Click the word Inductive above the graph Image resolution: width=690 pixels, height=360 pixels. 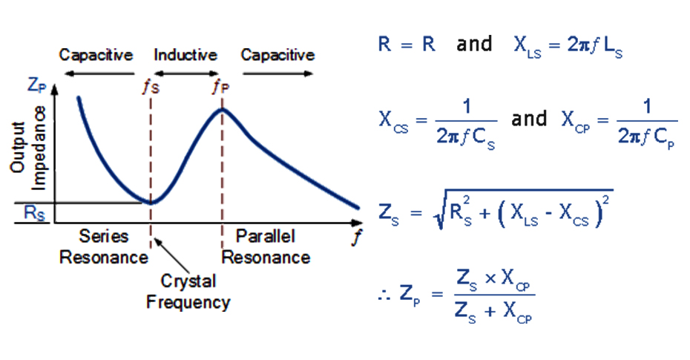tap(185, 55)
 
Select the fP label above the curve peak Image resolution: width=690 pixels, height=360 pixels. tap(220, 86)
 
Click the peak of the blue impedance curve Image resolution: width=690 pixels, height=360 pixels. tap(221, 110)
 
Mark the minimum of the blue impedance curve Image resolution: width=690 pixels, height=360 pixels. tap(151, 202)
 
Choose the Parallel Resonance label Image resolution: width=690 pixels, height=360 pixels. tap(266, 247)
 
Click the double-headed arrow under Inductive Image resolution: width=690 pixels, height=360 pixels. tap(185, 73)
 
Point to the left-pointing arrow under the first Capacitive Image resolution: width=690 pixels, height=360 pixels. tap(96, 73)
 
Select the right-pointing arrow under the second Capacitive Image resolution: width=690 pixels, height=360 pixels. tap(277, 73)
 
